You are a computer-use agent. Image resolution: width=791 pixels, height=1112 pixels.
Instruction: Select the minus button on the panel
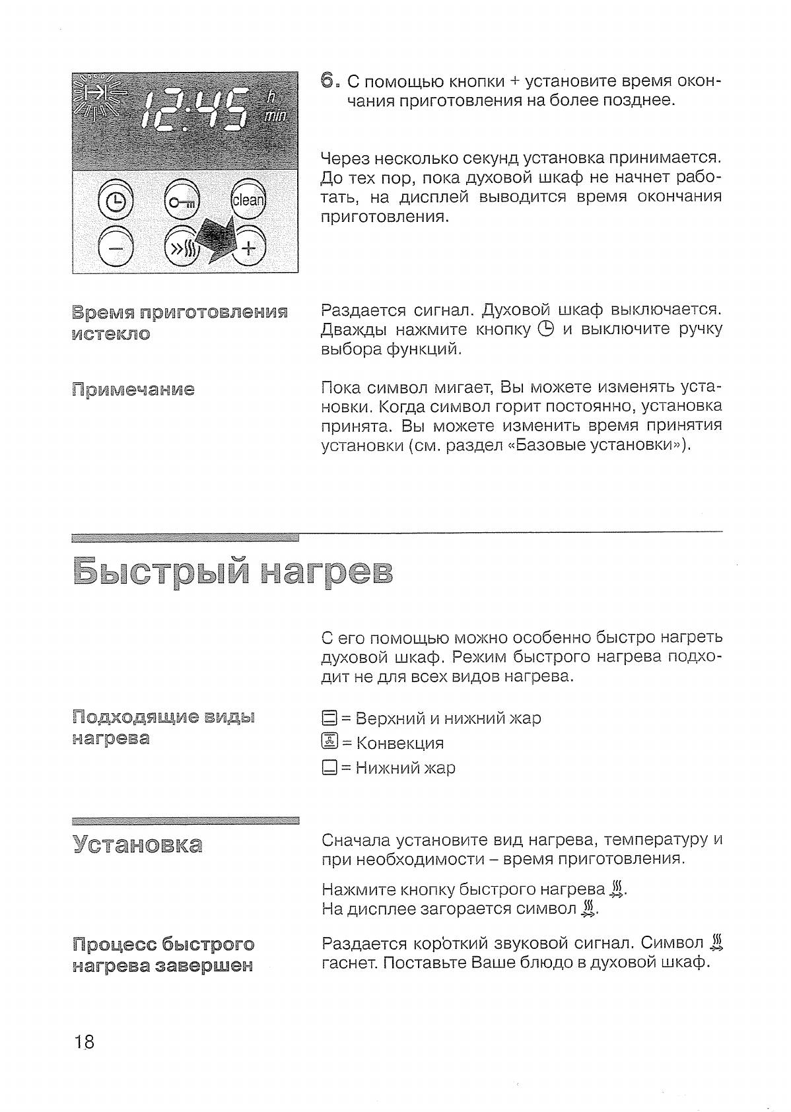click(x=116, y=248)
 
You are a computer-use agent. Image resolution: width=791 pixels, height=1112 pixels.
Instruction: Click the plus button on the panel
click(x=248, y=248)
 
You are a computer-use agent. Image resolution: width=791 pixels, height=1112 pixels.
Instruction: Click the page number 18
click(x=85, y=1043)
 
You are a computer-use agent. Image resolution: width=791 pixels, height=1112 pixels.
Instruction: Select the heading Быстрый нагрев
click(x=232, y=572)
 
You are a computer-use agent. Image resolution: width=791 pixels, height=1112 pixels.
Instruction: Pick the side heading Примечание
click(x=133, y=390)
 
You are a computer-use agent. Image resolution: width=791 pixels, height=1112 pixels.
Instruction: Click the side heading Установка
click(x=137, y=845)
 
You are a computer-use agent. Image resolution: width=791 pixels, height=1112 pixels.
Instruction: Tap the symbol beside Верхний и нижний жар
click(x=329, y=718)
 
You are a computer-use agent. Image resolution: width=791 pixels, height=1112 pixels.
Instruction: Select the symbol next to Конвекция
click(x=329, y=743)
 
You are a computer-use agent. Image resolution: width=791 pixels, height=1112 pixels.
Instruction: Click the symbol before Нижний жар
click(x=329, y=768)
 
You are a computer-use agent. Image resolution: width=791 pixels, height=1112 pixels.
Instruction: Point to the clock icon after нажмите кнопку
click(x=545, y=329)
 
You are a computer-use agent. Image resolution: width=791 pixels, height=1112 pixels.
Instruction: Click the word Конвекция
click(x=400, y=743)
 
